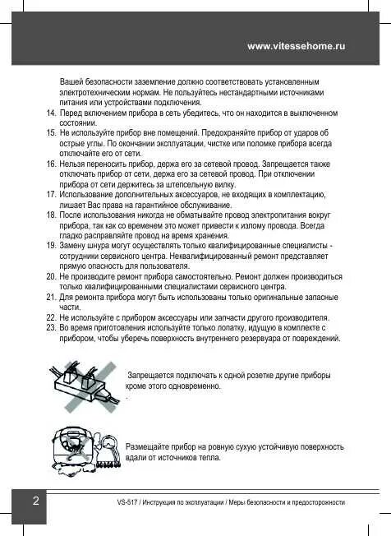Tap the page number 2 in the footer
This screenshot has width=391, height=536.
click(x=35, y=501)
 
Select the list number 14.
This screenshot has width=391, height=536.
click(x=52, y=111)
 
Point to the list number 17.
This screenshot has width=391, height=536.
click(x=52, y=194)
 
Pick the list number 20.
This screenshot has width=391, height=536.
click(x=52, y=277)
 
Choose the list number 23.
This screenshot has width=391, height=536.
click(x=52, y=327)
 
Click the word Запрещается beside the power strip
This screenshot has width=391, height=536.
click(x=154, y=375)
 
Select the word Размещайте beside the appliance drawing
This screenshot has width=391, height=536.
click(x=151, y=446)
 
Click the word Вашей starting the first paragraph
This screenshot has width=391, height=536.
click(x=72, y=83)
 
